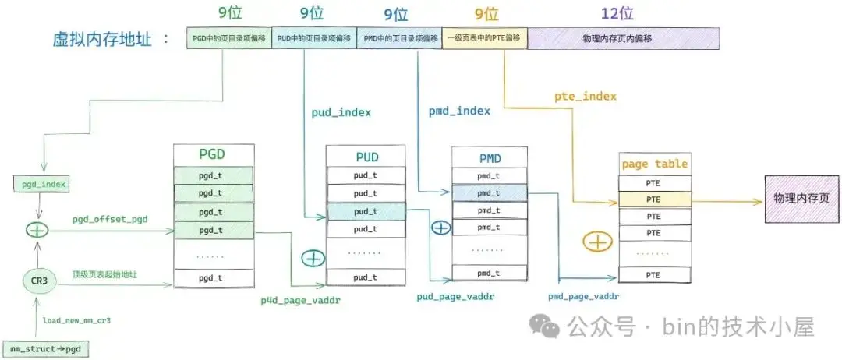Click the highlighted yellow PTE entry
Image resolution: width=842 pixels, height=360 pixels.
(654, 199)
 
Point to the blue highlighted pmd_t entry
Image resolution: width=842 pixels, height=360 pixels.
(488, 193)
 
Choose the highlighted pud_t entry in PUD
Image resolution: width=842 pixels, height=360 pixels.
(365, 211)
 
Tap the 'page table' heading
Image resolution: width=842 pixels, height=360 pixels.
(654, 164)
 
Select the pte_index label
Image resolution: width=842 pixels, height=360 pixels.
(586, 96)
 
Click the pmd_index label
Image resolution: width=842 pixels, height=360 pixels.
(459, 111)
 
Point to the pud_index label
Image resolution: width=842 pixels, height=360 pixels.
(341, 112)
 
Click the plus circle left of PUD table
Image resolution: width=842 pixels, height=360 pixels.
(313, 257)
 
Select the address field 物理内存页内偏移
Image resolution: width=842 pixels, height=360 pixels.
(623, 38)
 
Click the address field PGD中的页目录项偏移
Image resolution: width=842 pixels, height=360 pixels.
(229, 38)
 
